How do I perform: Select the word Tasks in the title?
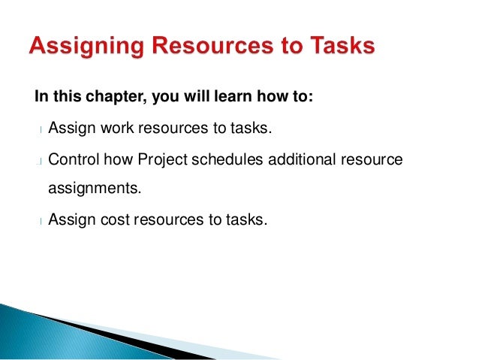pos(337,47)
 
